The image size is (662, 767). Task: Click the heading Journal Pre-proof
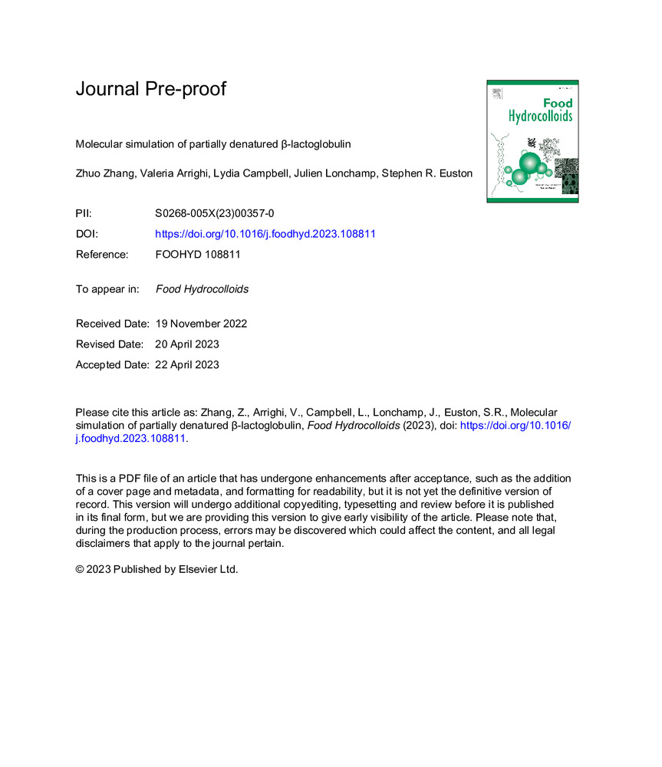[151, 89]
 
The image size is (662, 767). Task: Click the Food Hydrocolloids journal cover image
[532, 141]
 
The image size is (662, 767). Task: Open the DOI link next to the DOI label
[265, 235]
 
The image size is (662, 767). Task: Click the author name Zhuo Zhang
[104, 174]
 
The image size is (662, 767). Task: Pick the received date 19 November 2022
[201, 324]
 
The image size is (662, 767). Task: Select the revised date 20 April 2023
[187, 344]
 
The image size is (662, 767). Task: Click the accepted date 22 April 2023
[187, 365]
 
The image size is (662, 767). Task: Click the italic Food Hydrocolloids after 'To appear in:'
[202, 289]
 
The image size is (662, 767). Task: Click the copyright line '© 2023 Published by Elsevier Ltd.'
[156, 570]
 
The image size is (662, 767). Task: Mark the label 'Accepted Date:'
[112, 365]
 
